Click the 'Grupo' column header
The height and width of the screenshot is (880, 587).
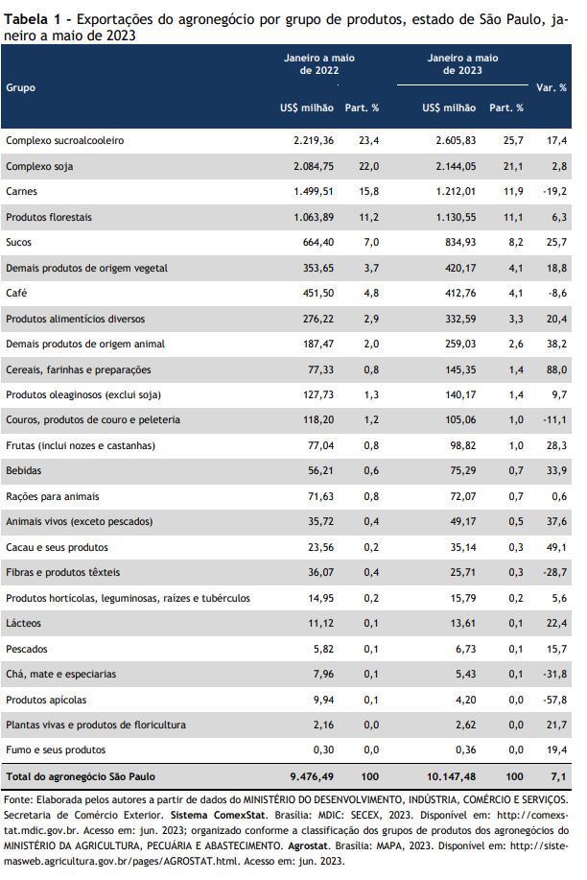pos(21,87)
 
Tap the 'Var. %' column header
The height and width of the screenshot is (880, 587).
pos(552,87)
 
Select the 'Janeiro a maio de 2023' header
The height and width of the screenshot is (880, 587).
pos(462,64)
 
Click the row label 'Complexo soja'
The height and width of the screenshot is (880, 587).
pos(39,166)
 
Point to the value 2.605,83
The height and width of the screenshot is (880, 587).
pos(456,140)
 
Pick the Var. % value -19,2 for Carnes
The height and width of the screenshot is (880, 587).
pos(554,191)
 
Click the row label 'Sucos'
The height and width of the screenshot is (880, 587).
pos(18,243)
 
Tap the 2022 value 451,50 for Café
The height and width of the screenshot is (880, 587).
pos(318,293)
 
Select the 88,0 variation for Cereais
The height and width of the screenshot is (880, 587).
pos(556,369)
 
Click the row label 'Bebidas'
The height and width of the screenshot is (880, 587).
pos(24,470)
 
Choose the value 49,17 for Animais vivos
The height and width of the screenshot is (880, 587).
pos(463,521)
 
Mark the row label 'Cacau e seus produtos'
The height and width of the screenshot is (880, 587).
pos(57,547)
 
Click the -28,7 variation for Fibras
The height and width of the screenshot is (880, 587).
pos(554,573)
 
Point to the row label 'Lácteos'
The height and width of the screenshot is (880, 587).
pos(23,623)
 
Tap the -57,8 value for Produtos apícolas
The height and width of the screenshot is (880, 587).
pos(554,700)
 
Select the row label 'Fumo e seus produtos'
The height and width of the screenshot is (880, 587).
pos(56,749)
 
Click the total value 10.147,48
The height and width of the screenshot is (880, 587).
pos(451,776)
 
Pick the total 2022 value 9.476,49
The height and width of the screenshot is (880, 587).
pos(312,776)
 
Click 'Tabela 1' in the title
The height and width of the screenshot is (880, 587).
pos(33,19)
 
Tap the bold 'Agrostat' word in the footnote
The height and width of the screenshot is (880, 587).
pos(308,845)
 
